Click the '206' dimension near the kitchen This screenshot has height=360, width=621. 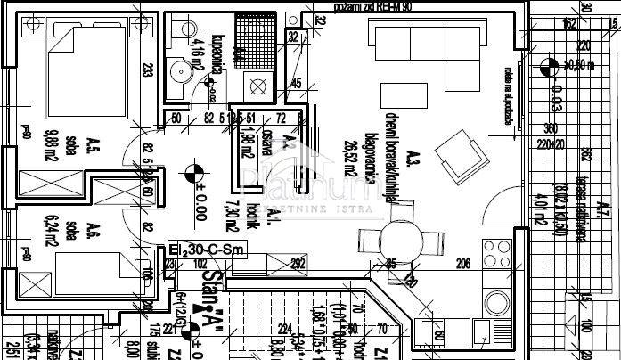tap(462, 263)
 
